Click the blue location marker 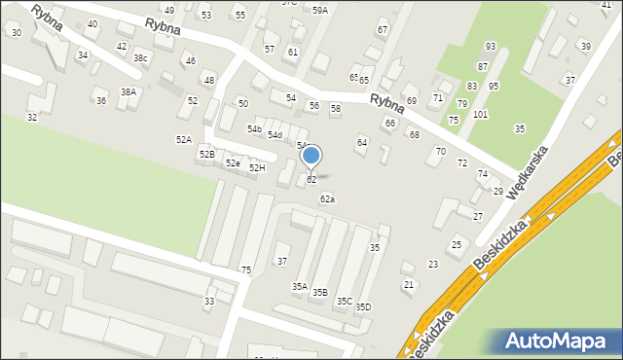coord(311,156)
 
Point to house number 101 coord(480,115)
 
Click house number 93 coord(491,47)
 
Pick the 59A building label coord(320,10)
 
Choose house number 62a coord(328,199)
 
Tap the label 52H coord(257,168)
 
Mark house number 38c coord(142,58)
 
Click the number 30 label coord(16,33)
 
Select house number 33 coord(209,303)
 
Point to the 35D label coord(363,307)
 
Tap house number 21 coord(409,284)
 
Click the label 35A coord(300,287)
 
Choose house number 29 coord(498,192)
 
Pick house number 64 coord(362,143)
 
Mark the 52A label coord(183,140)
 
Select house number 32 coord(32,118)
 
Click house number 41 coord(606,5)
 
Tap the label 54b coord(254,129)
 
